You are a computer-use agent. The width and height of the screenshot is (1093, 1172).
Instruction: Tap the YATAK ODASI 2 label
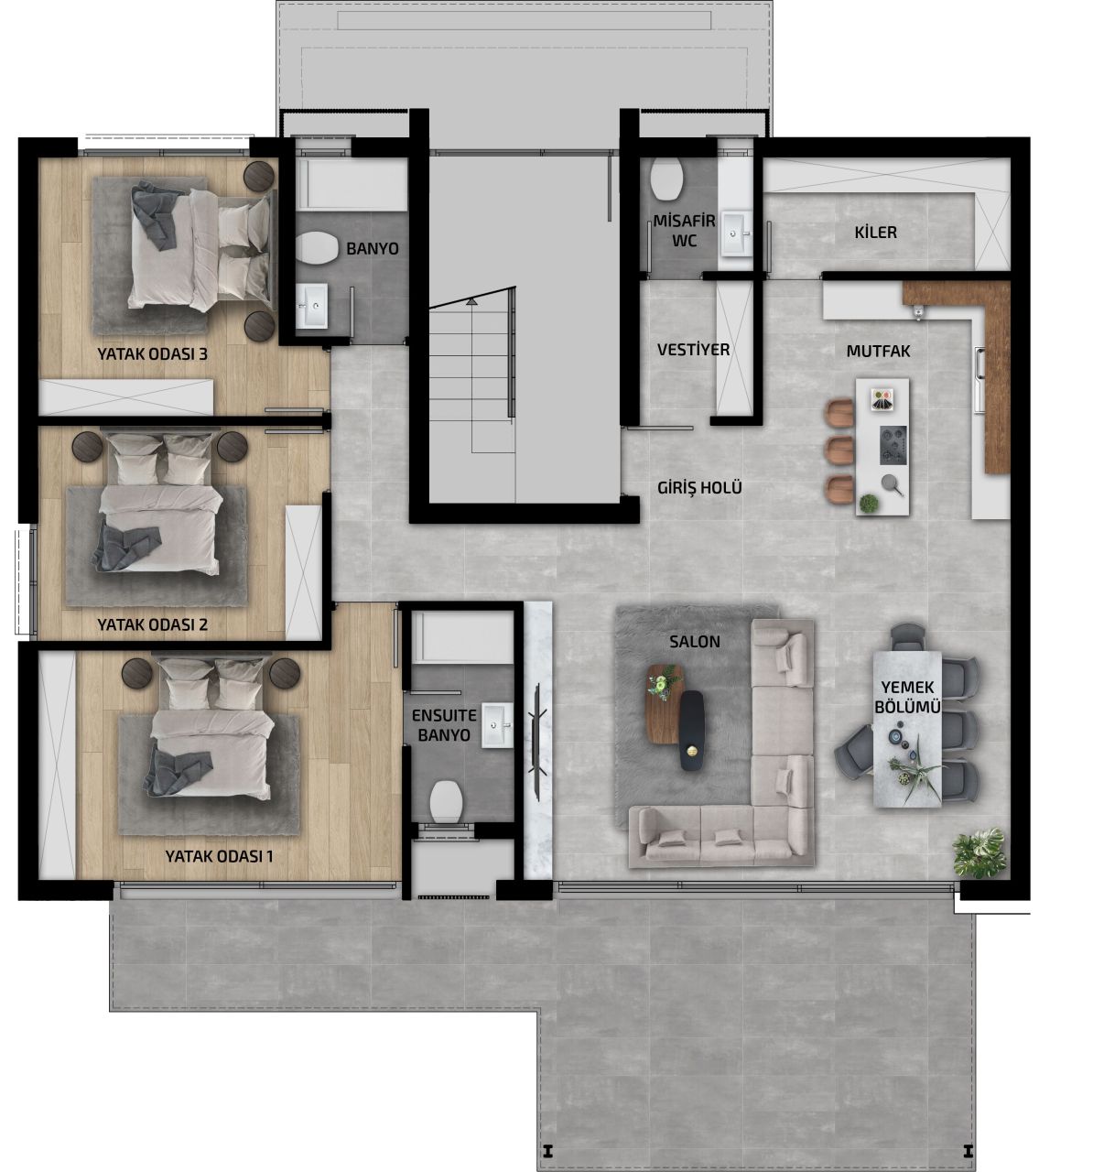click(153, 624)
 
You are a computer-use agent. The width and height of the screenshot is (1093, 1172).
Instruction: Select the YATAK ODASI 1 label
click(219, 857)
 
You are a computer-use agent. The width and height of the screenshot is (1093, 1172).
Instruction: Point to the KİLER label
click(875, 232)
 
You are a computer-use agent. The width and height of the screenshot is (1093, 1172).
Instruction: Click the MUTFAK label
click(878, 350)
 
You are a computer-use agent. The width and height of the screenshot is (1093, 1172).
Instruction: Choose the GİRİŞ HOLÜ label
click(699, 487)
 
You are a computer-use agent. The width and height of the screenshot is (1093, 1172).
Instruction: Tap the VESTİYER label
click(693, 350)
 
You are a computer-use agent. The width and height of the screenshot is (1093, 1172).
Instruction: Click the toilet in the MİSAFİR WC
click(667, 179)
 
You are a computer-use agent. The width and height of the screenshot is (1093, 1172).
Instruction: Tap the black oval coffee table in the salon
click(692, 730)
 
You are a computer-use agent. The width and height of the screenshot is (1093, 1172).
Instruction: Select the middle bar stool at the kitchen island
click(839, 450)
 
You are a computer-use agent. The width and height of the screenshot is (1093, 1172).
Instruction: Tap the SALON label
click(694, 642)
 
